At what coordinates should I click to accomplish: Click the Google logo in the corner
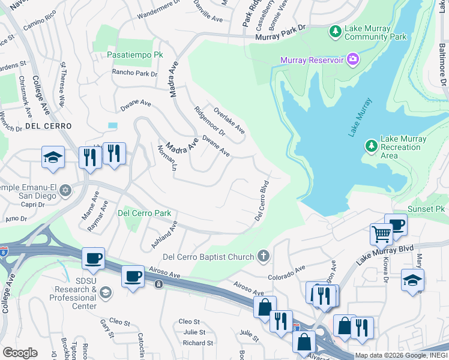(x=20, y=352)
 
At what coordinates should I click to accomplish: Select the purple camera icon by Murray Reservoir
(x=353, y=59)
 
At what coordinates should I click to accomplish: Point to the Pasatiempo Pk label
(x=134, y=55)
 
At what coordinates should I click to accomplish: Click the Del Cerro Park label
(x=144, y=213)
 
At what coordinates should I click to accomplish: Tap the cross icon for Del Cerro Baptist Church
(x=262, y=257)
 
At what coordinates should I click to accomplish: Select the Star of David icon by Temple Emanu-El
(x=65, y=191)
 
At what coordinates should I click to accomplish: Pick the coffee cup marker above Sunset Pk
(x=396, y=225)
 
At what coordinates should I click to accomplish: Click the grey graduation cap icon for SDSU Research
(x=106, y=292)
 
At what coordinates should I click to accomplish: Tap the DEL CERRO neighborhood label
(x=48, y=127)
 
